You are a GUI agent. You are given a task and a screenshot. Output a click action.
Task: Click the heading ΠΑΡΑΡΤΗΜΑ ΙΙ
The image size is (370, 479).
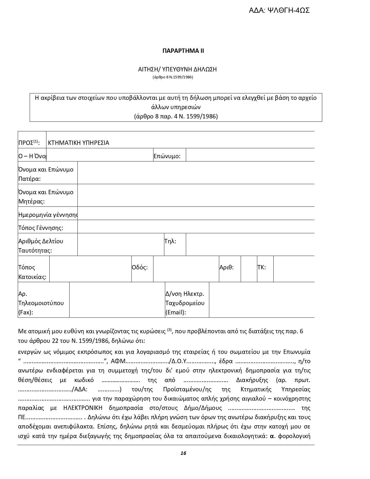183,51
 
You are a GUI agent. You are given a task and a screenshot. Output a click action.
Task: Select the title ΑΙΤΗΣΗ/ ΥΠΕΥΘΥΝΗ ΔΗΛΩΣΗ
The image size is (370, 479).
177,69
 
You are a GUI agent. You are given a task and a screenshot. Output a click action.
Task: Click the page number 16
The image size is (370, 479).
183,453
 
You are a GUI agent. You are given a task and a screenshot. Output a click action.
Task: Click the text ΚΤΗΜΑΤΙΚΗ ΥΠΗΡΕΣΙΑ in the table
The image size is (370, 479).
78,143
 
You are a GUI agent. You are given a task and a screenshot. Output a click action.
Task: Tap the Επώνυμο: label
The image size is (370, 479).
167,156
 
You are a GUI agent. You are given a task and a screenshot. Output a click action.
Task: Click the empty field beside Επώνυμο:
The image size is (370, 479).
250,155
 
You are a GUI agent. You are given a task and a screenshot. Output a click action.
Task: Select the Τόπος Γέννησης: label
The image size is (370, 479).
41,228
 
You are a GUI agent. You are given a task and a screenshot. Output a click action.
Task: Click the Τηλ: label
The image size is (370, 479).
170,241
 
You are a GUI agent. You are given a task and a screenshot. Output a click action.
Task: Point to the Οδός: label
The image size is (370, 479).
140,267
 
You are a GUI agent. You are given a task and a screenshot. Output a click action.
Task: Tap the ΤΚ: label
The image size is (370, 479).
261,267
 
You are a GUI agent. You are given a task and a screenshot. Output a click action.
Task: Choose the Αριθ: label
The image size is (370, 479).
226,267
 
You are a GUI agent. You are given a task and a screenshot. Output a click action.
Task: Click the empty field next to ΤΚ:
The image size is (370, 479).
293,269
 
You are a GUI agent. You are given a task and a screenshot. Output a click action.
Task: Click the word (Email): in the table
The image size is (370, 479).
176,312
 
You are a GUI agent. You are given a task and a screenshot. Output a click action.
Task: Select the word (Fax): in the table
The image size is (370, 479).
26,312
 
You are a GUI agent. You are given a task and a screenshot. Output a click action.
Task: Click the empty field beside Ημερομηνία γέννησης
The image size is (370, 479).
196,213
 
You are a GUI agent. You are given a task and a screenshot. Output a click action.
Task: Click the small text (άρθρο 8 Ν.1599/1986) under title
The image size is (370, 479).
173,77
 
